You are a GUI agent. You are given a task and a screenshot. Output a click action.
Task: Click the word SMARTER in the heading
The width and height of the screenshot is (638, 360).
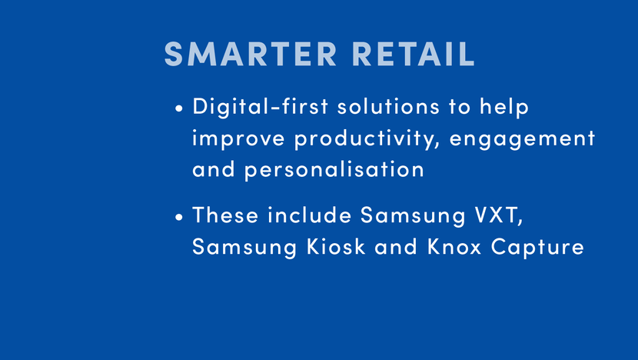251,54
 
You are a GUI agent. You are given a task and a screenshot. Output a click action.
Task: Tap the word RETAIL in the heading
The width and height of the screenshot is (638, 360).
414,54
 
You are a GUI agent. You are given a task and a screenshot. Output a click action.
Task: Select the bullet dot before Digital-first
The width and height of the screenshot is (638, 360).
179,108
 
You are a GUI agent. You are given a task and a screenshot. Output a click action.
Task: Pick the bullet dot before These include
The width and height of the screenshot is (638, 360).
179,217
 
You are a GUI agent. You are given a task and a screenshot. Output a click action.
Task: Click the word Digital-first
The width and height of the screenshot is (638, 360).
261,106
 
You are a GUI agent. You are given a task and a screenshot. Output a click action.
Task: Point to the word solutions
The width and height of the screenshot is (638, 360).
389,106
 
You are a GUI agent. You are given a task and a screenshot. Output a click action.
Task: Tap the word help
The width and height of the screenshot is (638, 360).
504,108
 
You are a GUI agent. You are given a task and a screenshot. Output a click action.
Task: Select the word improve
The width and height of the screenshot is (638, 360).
238,138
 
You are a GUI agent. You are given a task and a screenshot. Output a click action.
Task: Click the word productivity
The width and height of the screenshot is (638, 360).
367,139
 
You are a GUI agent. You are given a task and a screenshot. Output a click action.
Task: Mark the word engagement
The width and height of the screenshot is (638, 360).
523,139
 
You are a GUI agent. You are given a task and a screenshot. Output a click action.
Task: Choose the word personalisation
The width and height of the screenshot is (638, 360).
334,170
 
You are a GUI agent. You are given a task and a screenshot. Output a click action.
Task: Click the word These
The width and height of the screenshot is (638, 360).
225,215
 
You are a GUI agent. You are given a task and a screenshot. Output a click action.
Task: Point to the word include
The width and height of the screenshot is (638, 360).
310,215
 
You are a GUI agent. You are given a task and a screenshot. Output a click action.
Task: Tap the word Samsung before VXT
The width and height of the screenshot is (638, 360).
413,216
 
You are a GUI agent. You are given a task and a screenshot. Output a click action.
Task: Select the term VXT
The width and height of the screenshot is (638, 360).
499,215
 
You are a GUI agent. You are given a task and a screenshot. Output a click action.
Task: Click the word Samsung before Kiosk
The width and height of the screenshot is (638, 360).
244,248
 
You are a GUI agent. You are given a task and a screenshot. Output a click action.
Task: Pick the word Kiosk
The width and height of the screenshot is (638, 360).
336,246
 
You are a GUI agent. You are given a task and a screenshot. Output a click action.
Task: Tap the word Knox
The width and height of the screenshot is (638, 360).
454,246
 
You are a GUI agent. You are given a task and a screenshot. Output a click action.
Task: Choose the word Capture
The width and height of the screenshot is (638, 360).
537,248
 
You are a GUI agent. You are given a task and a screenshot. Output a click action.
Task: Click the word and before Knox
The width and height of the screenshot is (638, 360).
396,246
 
